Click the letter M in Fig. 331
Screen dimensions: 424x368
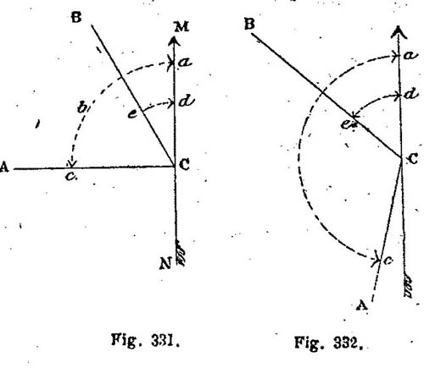181,27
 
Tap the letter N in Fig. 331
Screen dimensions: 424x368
165,264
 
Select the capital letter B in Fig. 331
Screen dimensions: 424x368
76,18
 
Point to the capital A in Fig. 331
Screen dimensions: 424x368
4,167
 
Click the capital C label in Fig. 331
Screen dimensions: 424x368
184,164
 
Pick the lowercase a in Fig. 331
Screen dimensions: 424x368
185,62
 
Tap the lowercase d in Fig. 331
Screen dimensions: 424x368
187,101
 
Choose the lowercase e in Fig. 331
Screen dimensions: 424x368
133,114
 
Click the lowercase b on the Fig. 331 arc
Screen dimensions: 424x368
82,107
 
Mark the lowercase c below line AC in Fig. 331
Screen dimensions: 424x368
70,177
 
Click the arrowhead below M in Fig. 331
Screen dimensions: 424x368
174,41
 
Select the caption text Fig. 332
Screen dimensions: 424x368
329,343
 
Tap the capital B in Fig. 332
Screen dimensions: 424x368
249,24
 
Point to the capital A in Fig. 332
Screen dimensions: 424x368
362,305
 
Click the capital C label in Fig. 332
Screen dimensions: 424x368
413,159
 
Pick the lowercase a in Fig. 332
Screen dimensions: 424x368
410,55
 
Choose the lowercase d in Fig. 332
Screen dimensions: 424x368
411,94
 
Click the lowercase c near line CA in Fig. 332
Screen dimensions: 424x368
388,261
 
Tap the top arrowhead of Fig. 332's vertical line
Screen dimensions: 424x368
399,31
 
